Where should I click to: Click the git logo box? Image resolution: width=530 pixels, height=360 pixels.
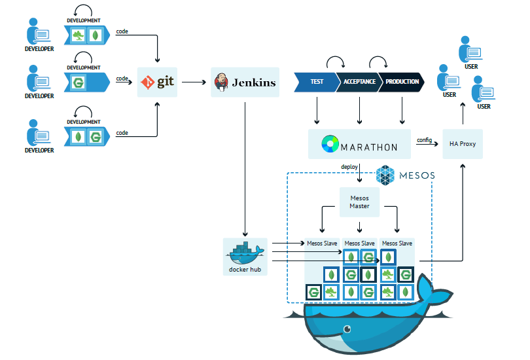pos(158,82)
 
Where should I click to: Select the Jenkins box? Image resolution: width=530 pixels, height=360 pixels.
pos(245,82)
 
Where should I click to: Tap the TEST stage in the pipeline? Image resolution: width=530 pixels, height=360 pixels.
pos(317,82)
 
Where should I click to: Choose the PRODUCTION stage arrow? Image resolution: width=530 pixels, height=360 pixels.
pos(401,82)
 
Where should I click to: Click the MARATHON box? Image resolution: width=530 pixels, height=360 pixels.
pos(359,144)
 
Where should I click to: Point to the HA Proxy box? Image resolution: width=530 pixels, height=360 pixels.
pos(463,144)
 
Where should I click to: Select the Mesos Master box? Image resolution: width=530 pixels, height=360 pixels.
pos(359,202)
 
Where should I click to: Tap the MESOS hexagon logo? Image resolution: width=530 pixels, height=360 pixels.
pos(386,175)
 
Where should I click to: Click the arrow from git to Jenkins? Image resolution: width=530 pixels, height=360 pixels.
pos(194,82)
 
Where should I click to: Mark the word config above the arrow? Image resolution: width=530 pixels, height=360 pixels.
pos(424,139)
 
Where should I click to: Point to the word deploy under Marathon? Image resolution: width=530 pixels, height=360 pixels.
pos(349,167)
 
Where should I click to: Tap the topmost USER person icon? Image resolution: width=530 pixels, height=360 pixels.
pos(470,49)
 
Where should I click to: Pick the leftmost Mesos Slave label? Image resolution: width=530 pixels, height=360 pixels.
pos(322,243)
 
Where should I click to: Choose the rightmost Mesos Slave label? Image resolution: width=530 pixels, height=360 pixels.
pos(397,243)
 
